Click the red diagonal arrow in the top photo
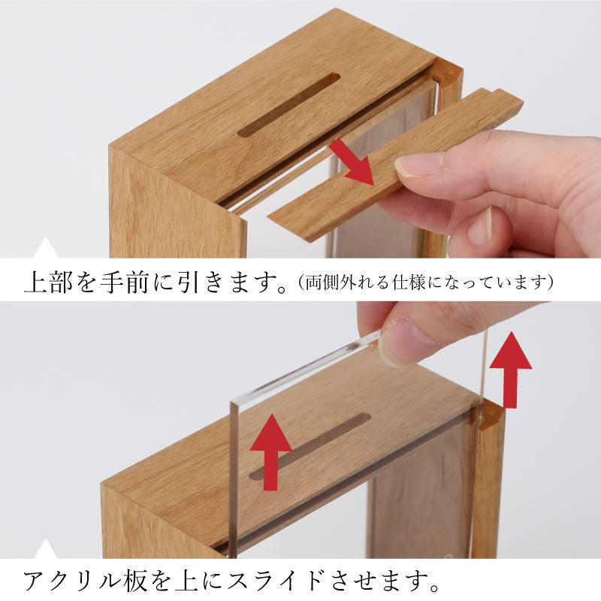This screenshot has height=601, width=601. (352, 162)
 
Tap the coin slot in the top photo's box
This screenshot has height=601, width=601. (288, 105)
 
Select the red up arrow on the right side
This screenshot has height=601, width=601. (511, 370)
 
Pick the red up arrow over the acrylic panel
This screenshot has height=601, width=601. (271, 452)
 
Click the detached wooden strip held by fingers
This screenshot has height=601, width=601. (396, 164)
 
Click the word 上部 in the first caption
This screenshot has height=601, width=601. (48, 282)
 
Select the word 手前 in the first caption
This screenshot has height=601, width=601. (125, 282)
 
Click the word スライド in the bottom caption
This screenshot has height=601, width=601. (275, 580)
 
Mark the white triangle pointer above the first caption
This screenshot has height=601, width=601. (46, 248)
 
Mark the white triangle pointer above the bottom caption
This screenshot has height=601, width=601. (46, 548)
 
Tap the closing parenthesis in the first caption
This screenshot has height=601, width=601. (550, 282)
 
